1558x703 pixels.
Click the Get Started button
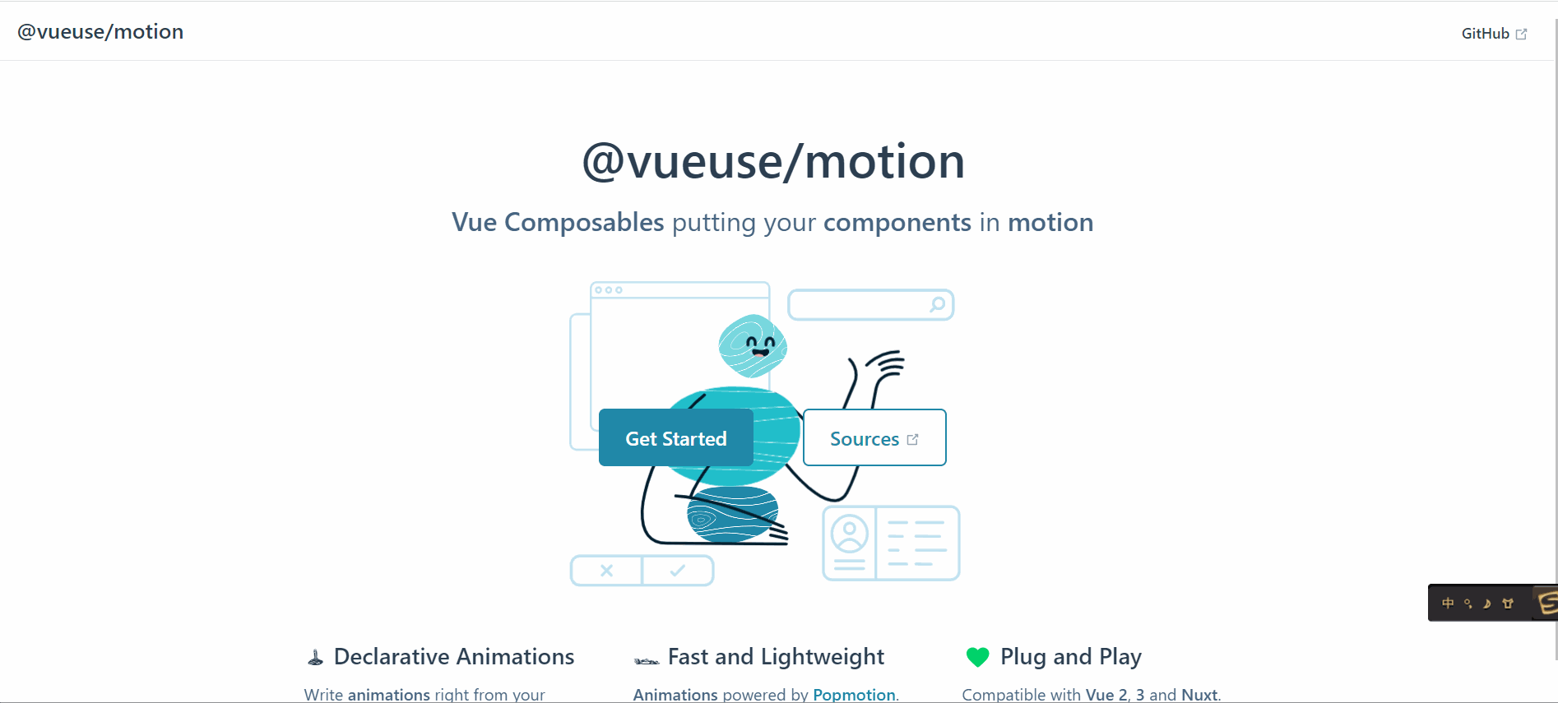pyautogui.click(x=675, y=437)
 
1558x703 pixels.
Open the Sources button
pyautogui.click(x=874, y=437)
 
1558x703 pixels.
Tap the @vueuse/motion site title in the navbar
pyautogui.click(x=100, y=31)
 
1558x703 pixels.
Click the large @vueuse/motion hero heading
pyautogui.click(x=773, y=161)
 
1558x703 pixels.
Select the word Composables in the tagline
pyautogui.click(x=584, y=223)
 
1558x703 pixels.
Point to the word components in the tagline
pyautogui.click(x=897, y=223)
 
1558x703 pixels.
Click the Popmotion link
pyautogui.click(x=854, y=695)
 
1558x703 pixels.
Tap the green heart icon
pyautogui.click(x=977, y=657)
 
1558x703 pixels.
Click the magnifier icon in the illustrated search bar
pyautogui.click(x=937, y=304)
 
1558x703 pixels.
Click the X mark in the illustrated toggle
pyautogui.click(x=606, y=571)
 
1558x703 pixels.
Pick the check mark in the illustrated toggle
pyautogui.click(x=677, y=571)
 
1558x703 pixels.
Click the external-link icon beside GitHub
pyautogui.click(x=1521, y=34)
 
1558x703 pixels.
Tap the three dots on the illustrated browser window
pyautogui.click(x=609, y=290)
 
